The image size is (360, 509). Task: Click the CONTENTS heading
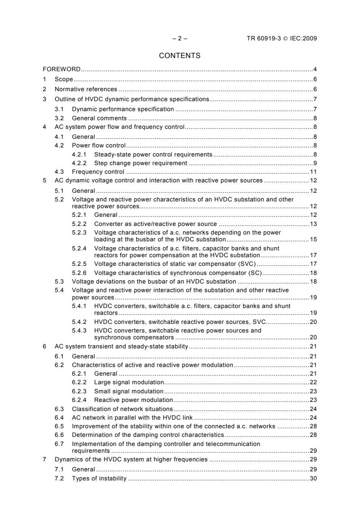pyautogui.click(x=180, y=56)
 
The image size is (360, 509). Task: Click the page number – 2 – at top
pyautogui.click(x=180, y=39)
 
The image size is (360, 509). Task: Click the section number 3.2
pyautogui.click(x=59, y=118)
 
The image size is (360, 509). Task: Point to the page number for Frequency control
pyautogui.click(x=313, y=172)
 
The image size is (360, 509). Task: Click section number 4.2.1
pyautogui.click(x=80, y=154)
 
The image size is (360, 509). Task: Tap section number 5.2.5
pyautogui.click(x=80, y=264)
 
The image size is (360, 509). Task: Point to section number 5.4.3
pyautogui.click(x=80, y=331)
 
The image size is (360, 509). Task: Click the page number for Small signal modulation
pyautogui.click(x=313, y=391)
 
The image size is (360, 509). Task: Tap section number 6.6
pyautogui.click(x=59, y=435)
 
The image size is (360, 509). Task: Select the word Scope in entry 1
pyautogui.click(x=64, y=79)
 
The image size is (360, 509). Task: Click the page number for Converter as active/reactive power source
pyautogui.click(x=313, y=224)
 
